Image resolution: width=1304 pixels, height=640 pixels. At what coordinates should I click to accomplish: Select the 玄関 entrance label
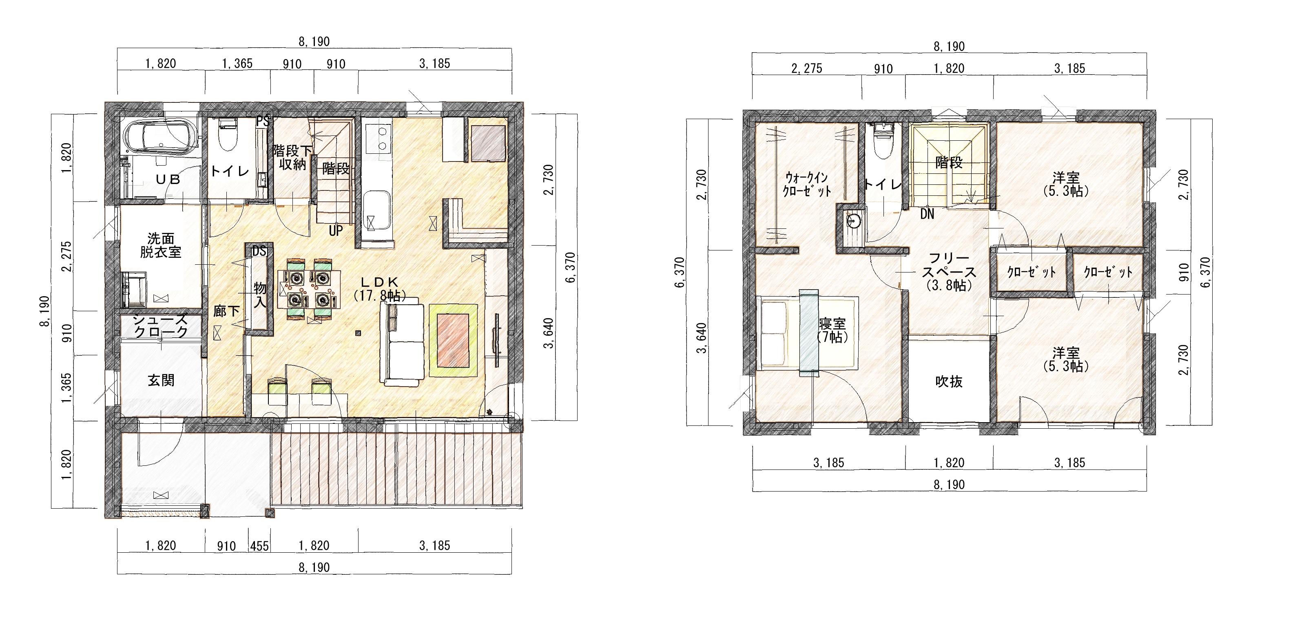pos(161,380)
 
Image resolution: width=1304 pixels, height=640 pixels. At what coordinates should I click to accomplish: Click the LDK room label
pos(379,289)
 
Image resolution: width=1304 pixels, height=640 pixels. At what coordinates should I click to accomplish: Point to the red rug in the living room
pos(453,340)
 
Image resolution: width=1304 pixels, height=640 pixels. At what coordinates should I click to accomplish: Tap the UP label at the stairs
pos(336,231)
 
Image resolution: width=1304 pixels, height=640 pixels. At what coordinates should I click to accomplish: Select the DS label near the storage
pos(259,251)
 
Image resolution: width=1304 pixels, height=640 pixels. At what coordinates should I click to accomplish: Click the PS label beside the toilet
pos(262,121)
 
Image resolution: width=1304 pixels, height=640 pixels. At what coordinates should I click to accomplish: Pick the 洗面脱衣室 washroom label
pos(161,245)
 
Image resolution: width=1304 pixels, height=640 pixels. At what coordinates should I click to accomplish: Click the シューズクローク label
pos(161,326)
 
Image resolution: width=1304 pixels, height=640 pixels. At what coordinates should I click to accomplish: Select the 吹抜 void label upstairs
pos(948,381)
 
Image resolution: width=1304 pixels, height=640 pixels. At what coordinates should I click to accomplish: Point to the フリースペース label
pos(949,272)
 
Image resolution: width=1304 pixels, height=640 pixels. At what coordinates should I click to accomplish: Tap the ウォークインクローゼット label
pos(807,184)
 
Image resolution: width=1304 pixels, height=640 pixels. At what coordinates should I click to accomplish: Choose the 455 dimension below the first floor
pos(259,546)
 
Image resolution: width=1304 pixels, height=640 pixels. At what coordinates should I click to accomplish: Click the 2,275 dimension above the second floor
pos(806,69)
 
